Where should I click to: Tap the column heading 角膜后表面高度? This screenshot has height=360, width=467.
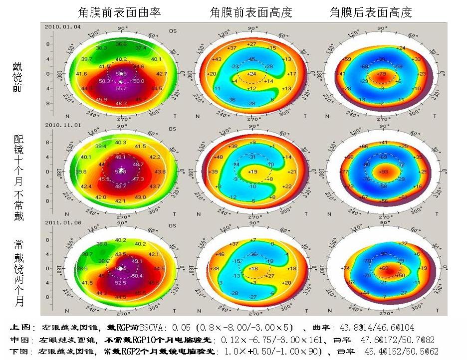coord(371,12)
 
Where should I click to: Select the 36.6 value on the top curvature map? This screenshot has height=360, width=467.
coord(121,44)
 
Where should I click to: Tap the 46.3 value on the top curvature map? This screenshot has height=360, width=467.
coord(121,103)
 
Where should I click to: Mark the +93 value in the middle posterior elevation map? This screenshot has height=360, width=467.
coord(383,172)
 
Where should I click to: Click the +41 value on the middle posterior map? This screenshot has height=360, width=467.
coord(383,143)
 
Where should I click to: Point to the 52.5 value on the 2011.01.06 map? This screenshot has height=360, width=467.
coord(121,283)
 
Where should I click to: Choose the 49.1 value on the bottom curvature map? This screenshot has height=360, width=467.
coord(136,260)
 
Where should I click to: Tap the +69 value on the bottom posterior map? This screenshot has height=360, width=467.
coord(383,268)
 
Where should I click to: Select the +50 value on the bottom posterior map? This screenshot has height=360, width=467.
coord(400,275)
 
